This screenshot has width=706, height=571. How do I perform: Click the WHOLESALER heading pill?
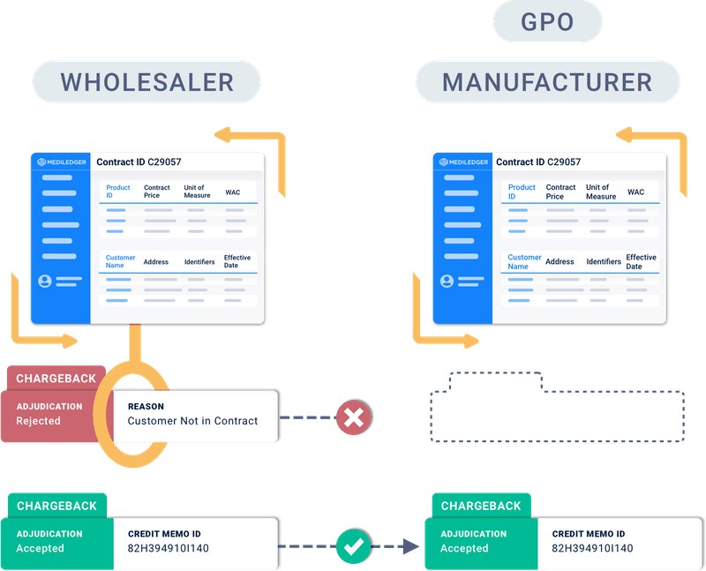(x=146, y=82)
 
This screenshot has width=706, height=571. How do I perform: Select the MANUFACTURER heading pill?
(x=547, y=82)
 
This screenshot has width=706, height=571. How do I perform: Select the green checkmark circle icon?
(x=354, y=546)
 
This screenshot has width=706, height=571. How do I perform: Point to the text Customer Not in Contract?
(x=192, y=421)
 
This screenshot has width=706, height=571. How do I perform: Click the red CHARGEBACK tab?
(x=56, y=379)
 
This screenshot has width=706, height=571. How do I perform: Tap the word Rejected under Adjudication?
(x=38, y=421)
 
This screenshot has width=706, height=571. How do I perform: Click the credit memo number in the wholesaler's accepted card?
(x=169, y=548)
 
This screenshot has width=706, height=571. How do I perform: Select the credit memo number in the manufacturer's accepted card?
(x=592, y=548)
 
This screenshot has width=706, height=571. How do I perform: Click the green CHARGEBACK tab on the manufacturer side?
(x=481, y=506)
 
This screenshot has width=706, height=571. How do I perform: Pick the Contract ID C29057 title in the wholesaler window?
(x=139, y=162)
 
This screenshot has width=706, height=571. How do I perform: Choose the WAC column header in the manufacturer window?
(x=635, y=192)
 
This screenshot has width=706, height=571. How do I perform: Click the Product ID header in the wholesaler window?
(x=117, y=192)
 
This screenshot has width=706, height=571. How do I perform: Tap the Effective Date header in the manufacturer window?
(x=641, y=261)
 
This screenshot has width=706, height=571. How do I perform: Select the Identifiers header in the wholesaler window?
(x=199, y=262)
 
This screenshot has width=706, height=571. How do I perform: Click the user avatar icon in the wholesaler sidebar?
(x=44, y=282)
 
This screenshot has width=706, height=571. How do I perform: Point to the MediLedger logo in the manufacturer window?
(x=461, y=162)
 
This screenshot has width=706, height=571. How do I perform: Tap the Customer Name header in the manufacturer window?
(x=524, y=261)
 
